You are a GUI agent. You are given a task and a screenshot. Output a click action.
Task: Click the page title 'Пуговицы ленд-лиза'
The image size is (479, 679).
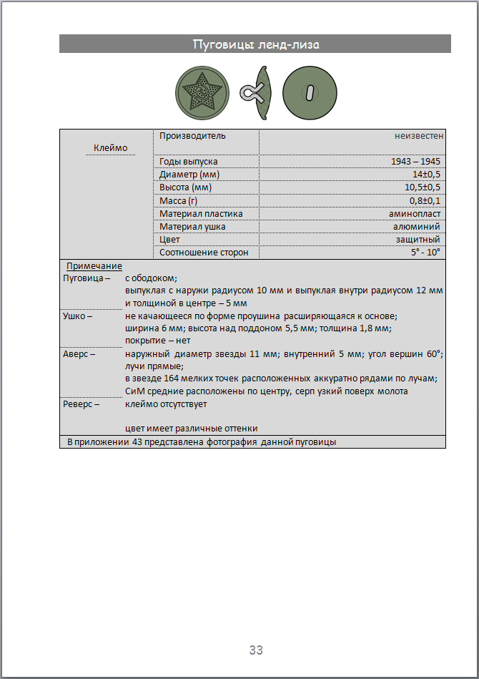click(x=255, y=44)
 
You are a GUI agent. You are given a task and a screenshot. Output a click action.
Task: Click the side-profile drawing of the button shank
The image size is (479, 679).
click(x=257, y=92)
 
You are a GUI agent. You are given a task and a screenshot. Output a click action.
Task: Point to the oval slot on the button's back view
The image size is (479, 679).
click(x=310, y=92)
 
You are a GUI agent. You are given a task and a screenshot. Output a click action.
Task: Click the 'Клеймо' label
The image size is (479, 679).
click(x=111, y=148)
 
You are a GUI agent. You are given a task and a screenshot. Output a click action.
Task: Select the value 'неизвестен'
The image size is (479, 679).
click(x=419, y=135)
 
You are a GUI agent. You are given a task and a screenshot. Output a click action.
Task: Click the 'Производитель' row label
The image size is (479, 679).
click(x=192, y=135)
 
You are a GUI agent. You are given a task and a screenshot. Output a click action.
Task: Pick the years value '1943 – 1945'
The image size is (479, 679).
click(x=416, y=162)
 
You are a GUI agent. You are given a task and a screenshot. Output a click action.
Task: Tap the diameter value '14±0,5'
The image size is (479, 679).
click(x=425, y=175)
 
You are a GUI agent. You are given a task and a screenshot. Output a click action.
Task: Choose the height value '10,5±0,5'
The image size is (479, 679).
click(x=421, y=187)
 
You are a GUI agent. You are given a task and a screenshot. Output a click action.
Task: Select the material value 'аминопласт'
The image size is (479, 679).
click(x=415, y=213)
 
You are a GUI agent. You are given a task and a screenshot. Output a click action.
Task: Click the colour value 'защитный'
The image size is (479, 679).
click(x=418, y=240)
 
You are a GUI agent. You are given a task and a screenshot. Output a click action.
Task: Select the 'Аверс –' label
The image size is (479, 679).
click(x=79, y=353)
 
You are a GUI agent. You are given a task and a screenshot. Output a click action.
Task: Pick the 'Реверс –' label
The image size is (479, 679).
click(x=82, y=404)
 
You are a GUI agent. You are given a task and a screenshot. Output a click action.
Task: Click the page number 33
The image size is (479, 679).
click(x=256, y=650)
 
